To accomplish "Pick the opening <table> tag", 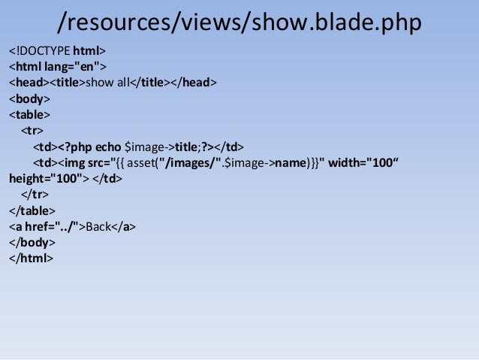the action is tap(30, 115).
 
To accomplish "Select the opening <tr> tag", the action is tap(32, 130).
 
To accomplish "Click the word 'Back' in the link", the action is tap(98, 226).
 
